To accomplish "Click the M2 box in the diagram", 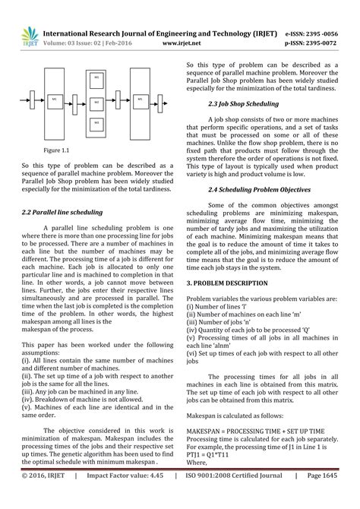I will (x=96, y=101).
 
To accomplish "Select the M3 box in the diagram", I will (x=96, y=122).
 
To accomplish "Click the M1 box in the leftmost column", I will (x=55, y=100).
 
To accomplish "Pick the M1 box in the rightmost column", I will (x=139, y=100).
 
